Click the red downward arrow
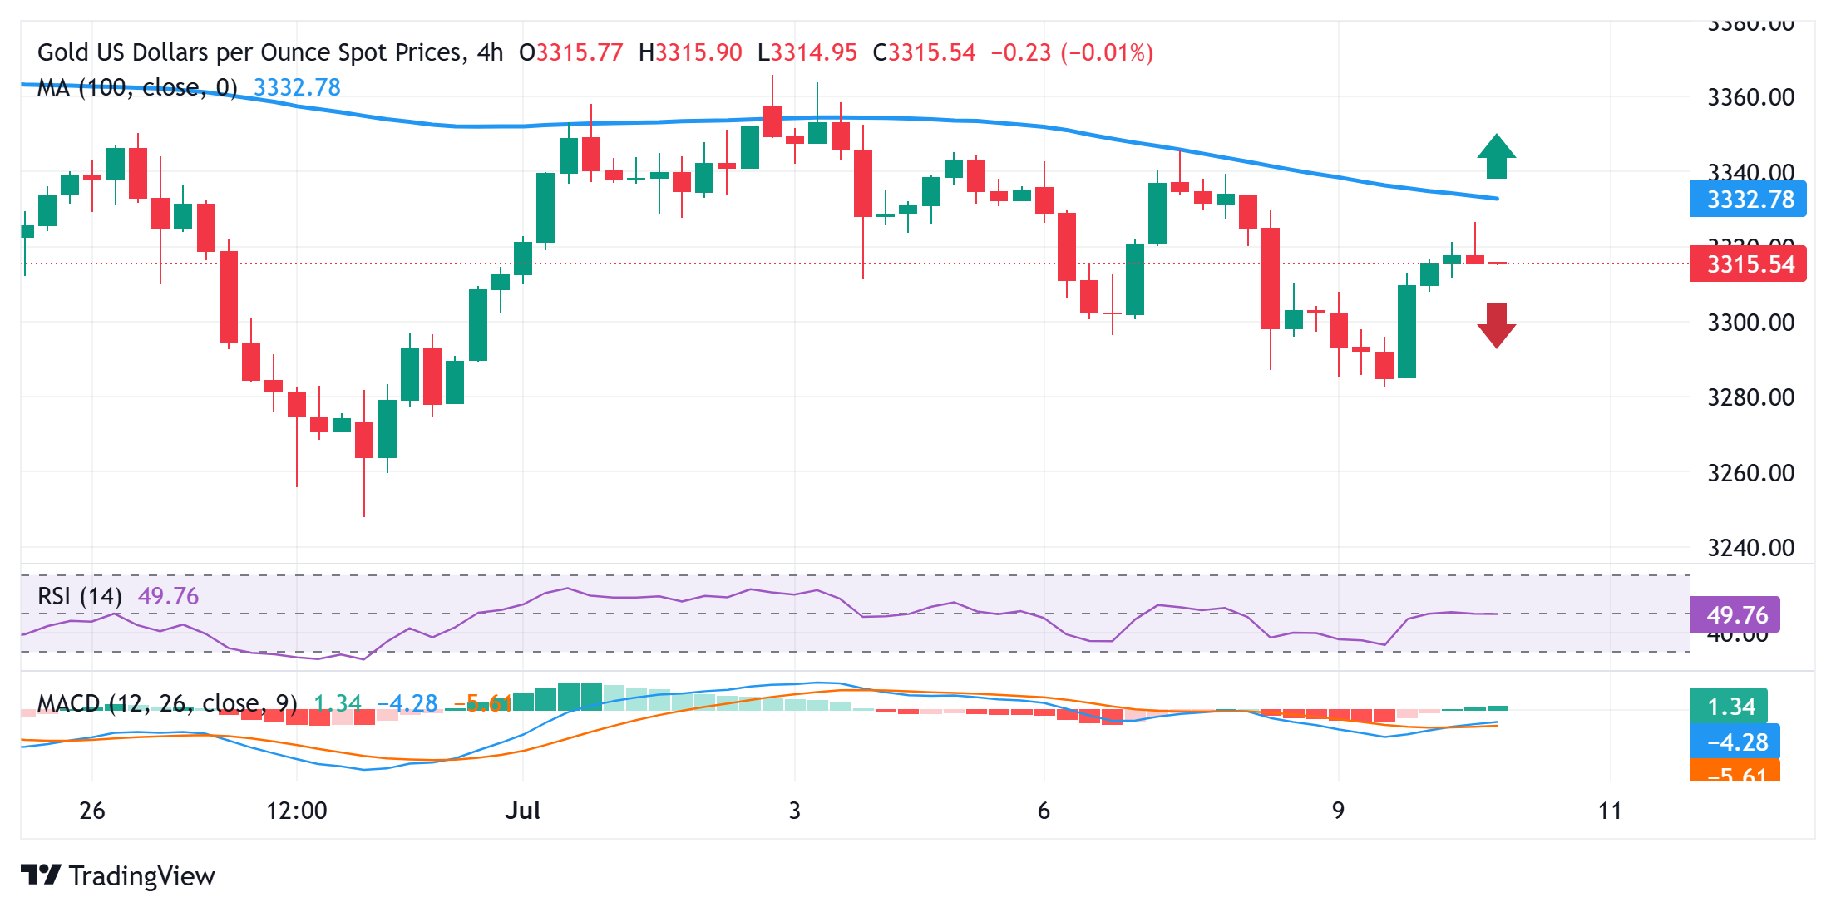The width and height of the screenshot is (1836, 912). (1496, 325)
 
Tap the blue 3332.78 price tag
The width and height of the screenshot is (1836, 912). (1748, 200)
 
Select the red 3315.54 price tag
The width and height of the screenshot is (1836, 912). (1748, 264)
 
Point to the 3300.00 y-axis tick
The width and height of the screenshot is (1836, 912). (1750, 323)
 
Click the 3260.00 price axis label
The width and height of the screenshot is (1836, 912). (1750, 473)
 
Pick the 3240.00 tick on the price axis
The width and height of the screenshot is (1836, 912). (1750, 548)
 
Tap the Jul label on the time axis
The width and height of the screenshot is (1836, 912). (523, 811)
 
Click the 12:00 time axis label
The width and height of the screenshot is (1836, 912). (296, 811)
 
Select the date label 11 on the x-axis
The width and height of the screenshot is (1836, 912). (1610, 811)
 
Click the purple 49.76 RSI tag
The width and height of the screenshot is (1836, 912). (1735, 615)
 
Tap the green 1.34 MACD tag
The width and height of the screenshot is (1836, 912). (1730, 707)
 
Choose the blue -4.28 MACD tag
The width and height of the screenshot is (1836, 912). (1735, 742)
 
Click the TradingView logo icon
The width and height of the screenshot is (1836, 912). (41, 875)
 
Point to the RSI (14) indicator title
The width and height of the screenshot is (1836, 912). (80, 596)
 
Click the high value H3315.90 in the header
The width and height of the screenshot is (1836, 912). (690, 53)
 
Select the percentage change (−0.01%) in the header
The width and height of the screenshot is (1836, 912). (1107, 53)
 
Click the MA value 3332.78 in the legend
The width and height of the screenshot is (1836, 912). (297, 87)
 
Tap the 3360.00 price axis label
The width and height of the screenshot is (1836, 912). (1750, 97)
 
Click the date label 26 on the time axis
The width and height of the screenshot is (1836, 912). (92, 811)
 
